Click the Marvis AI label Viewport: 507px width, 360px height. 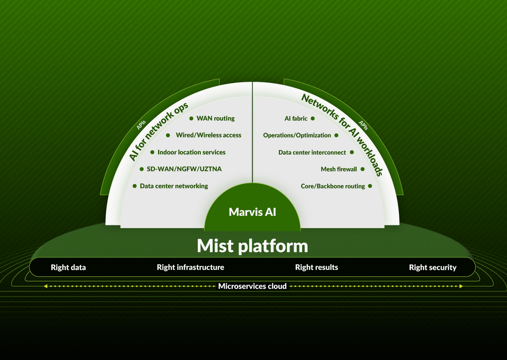[x=252, y=212]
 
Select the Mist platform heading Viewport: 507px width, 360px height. [x=252, y=246]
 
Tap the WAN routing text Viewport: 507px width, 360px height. [x=215, y=118]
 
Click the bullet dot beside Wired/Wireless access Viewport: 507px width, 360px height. [x=168, y=135]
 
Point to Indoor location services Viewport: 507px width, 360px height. [x=191, y=152]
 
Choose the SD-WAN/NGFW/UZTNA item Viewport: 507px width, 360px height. [x=184, y=169]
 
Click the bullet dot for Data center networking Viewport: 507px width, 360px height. [x=135, y=186]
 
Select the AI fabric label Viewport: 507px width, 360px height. [x=296, y=118]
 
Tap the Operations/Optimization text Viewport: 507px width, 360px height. [x=297, y=135]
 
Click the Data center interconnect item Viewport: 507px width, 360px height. [x=312, y=152]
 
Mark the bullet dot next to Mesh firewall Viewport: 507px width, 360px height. [x=362, y=169]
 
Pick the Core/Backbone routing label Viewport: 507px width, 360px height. [x=333, y=186]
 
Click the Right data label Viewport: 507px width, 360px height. [x=68, y=267]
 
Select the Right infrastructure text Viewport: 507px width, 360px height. [x=191, y=267]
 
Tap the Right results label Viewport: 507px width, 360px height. [x=316, y=267]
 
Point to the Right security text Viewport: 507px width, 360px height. [x=433, y=267]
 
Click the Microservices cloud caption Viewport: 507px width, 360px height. [x=252, y=286]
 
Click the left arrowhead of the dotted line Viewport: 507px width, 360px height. [x=45, y=286]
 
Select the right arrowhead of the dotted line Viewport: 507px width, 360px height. [x=461, y=286]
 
